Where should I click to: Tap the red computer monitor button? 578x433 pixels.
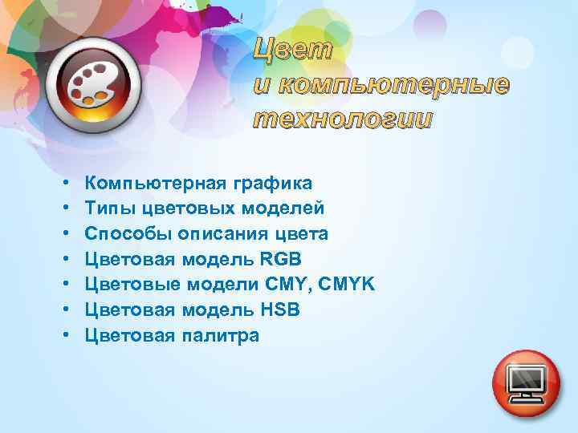(526, 382)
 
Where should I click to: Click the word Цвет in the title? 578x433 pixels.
(293, 50)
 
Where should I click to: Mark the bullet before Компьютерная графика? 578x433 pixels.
(63, 184)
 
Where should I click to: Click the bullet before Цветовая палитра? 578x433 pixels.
(63, 336)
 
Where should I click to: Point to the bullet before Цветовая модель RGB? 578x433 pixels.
(63, 260)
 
